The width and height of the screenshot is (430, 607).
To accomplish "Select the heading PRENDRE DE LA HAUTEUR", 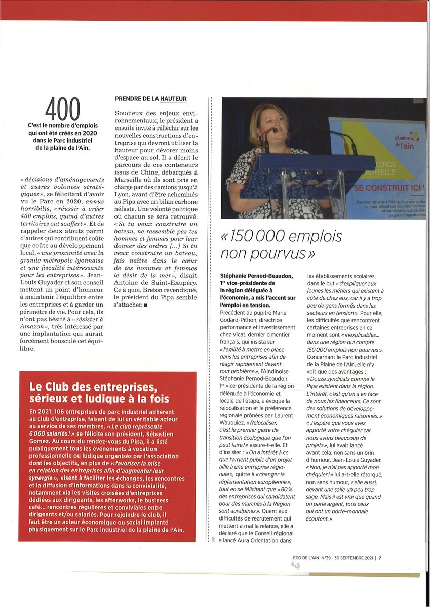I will [151, 98].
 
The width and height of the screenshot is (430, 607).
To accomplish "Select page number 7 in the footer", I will [379, 558].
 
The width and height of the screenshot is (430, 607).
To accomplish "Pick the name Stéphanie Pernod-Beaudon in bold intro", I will [256, 276].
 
